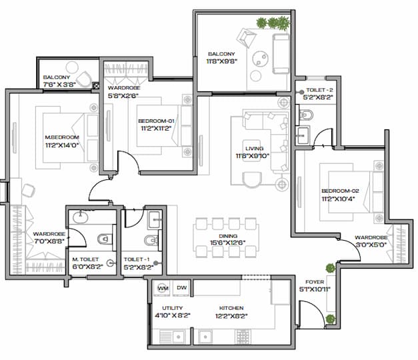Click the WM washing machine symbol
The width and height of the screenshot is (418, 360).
click(161, 287)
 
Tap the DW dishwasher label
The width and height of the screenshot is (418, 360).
click(181, 287)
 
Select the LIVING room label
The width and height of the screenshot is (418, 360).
click(254, 149)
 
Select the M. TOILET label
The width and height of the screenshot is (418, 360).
click(85, 259)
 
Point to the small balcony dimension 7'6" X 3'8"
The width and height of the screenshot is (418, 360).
click(57, 85)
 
